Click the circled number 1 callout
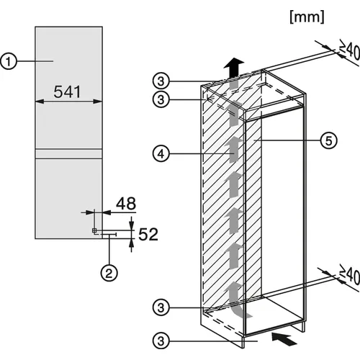coord(9,61)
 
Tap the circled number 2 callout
coord(109,273)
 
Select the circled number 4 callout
coord(161,153)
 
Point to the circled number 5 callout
coord(328,140)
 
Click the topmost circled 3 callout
coord(161,81)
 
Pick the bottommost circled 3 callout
coord(161,341)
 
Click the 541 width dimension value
coord(67,91)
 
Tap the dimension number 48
coord(126,204)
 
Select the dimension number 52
coord(148,234)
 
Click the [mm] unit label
coord(307,17)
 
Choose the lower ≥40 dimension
coord(350,275)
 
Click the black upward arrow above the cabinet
coord(233,68)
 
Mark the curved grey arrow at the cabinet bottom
coord(238,302)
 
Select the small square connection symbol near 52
coord(94,230)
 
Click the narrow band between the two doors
coord(69,153)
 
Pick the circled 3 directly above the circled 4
coord(161,99)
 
